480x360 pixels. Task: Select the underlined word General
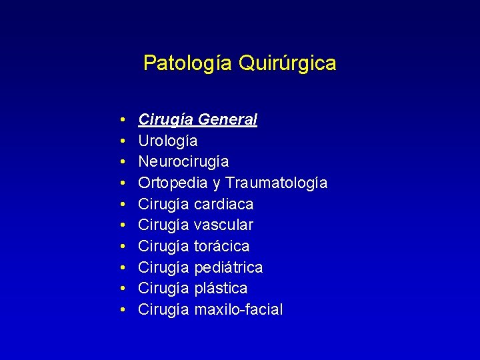228,120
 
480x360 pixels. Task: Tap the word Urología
167,141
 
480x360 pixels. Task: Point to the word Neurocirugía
183,162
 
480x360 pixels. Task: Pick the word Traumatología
276,183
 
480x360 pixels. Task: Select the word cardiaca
223,204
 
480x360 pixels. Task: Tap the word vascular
223,225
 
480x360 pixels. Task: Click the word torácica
221,246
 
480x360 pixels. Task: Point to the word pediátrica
228,267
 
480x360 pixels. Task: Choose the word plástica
221,288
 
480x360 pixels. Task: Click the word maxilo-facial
238,309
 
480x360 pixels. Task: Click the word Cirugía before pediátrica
164,267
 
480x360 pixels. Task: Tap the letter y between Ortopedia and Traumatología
217,184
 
